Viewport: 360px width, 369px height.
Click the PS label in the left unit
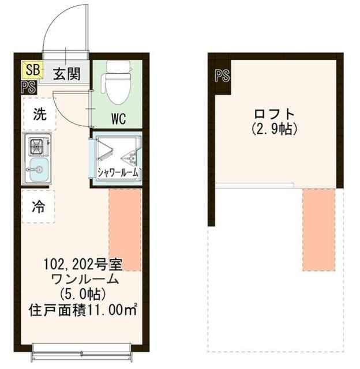28,88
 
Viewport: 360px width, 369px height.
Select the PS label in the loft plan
222,75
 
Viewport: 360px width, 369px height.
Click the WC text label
118,119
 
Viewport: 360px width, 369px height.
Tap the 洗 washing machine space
39,114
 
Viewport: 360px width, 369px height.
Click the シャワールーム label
118,171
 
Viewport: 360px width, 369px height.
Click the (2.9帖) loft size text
274,129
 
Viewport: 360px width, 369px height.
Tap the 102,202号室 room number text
83,266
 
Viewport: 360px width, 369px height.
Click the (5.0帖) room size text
84,295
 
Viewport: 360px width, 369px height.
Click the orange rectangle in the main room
125,229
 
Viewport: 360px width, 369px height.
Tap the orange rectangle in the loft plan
318,229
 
